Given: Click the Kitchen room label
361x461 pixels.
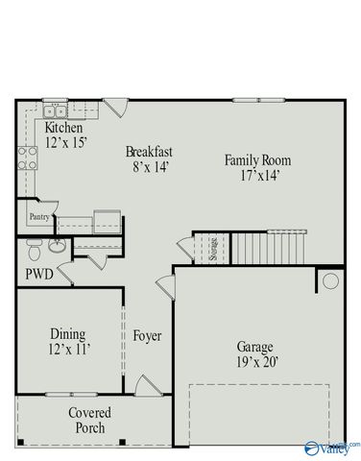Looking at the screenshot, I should click(x=63, y=128).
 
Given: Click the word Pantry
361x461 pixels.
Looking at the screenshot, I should click(x=38, y=217).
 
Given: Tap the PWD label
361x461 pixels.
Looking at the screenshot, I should click(x=39, y=274).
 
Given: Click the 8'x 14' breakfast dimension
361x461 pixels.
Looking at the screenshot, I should click(x=151, y=167).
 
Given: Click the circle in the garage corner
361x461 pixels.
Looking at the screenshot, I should click(x=330, y=281).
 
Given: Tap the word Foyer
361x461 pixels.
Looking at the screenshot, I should click(x=147, y=336).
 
